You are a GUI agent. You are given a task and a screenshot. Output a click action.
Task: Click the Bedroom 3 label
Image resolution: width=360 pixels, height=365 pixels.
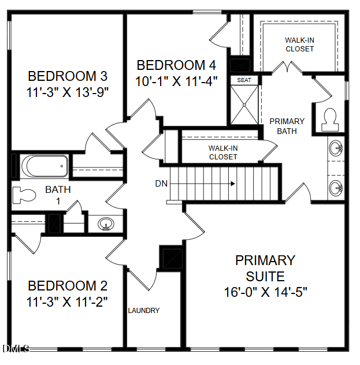(x=68, y=76)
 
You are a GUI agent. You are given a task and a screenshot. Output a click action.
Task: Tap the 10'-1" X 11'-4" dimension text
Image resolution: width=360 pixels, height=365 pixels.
(x=176, y=81)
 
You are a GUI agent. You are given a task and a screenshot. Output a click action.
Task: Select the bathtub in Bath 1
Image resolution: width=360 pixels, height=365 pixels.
(x=44, y=166)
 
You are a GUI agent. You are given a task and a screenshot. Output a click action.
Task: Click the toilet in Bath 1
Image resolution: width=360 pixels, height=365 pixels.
(x=24, y=195)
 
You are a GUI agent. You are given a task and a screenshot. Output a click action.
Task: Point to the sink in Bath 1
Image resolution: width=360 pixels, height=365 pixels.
(x=106, y=224)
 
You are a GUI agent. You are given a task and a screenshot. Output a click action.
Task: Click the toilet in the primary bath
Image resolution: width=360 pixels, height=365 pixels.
(x=330, y=120)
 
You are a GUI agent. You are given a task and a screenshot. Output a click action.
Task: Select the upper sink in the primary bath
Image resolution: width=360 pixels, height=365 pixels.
(x=336, y=148)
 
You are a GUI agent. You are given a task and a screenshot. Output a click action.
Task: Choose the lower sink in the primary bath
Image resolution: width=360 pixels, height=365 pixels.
(x=336, y=188)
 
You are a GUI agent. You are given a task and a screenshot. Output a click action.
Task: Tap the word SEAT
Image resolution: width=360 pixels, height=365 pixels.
(x=244, y=80)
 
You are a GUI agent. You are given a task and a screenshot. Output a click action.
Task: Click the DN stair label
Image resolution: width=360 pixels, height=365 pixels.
(x=161, y=184)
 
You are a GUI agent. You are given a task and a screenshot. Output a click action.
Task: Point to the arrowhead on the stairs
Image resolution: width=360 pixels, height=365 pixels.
(x=233, y=184)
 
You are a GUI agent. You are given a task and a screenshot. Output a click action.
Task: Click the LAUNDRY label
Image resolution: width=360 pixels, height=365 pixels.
(x=144, y=310)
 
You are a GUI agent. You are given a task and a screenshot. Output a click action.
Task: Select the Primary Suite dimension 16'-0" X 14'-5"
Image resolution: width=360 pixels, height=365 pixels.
(x=265, y=292)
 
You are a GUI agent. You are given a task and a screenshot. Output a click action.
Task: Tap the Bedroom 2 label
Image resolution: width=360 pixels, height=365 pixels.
(x=68, y=286)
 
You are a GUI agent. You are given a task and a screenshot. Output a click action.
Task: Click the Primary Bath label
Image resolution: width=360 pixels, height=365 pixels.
(x=287, y=126)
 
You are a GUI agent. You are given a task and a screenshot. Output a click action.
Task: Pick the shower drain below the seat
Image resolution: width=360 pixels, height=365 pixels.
(x=244, y=105)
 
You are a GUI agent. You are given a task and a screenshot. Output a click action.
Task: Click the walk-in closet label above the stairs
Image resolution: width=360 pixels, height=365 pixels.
(x=223, y=152)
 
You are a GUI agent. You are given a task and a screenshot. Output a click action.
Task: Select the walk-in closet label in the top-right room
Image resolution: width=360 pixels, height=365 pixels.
(x=300, y=44)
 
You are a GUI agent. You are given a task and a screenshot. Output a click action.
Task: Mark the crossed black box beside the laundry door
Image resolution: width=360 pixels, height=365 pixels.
(x=172, y=258)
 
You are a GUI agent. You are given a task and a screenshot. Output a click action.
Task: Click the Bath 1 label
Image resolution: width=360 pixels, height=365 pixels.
(x=58, y=195)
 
